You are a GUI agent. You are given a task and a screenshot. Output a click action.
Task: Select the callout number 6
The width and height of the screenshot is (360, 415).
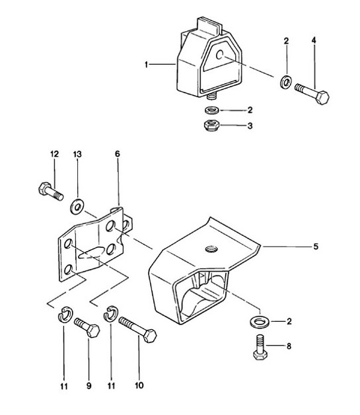pos(117,153)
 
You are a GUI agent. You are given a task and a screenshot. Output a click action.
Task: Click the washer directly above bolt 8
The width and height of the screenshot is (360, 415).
pos(258,322)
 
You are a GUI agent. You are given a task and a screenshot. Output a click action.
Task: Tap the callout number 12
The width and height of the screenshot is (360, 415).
pos(54,153)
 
